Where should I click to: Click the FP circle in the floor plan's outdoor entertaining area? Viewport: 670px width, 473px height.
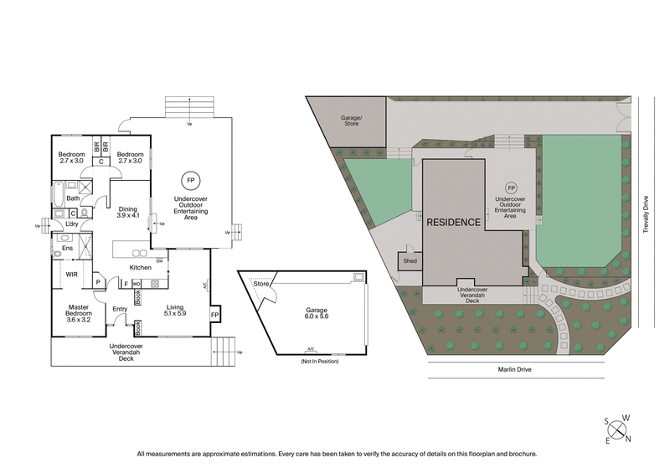tap(191, 180)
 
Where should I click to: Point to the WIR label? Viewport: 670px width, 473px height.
tap(72, 274)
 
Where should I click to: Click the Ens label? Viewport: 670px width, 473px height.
tap(65, 248)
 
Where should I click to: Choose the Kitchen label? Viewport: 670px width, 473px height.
tap(140, 267)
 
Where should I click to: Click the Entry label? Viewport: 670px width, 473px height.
tap(119, 309)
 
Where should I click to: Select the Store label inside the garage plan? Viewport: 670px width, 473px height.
tap(261, 285)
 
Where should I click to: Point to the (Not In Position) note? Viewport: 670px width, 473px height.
tap(311, 361)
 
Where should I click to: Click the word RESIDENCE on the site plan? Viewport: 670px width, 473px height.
tap(453, 223)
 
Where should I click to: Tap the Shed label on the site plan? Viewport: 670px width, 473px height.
tap(410, 260)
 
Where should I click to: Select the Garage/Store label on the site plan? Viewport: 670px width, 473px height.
tap(350, 121)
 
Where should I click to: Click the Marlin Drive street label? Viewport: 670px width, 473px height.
tap(513, 369)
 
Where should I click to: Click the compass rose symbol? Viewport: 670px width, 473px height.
tap(618, 429)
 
